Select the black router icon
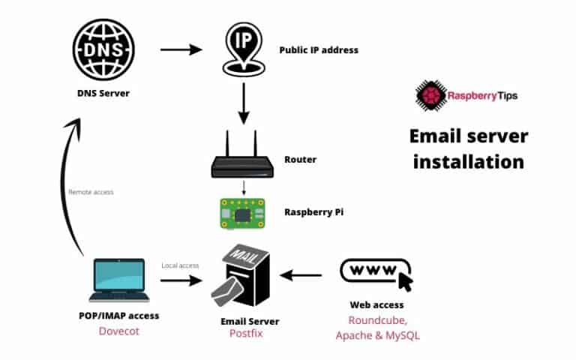tap(242, 158)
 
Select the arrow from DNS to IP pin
tap(181, 50)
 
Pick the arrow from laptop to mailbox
tap(181, 281)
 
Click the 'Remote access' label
tap(91, 192)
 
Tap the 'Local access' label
tap(180, 265)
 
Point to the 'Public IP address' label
tap(319, 50)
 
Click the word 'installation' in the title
tap(468, 161)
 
